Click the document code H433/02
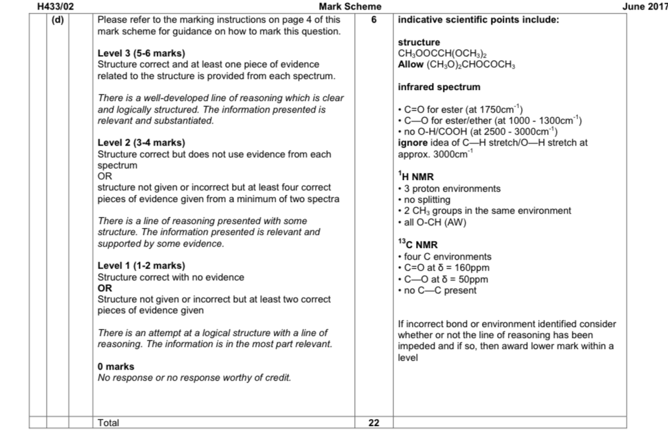pyautogui.click(x=55, y=6)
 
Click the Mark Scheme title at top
pyautogui.click(x=350, y=6)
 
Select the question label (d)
pyautogui.click(x=58, y=19)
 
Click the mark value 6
pyautogui.click(x=374, y=19)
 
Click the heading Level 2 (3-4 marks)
pyautogui.click(x=141, y=144)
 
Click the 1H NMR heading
pyautogui.click(x=415, y=177)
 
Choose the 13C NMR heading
pyautogui.click(x=417, y=245)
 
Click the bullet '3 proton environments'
pyautogui.click(x=449, y=189)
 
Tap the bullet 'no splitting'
pyautogui.click(x=424, y=200)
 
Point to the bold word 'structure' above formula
pyautogui.click(x=419, y=43)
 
